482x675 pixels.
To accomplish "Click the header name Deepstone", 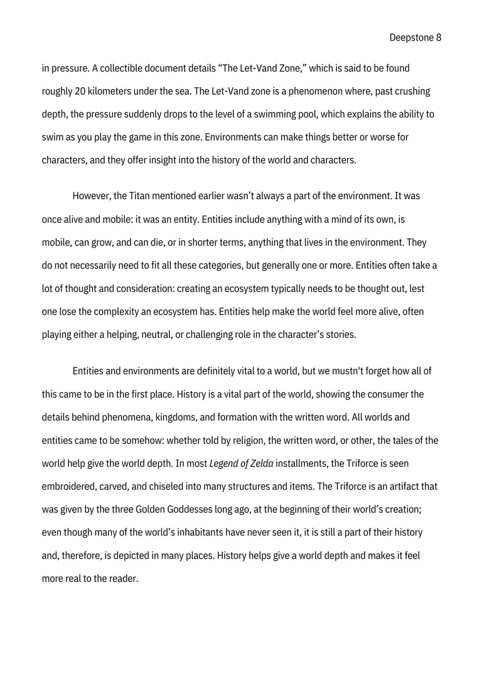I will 412,38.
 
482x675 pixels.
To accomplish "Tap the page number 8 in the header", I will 439,38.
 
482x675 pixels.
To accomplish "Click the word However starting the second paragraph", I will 92,196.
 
